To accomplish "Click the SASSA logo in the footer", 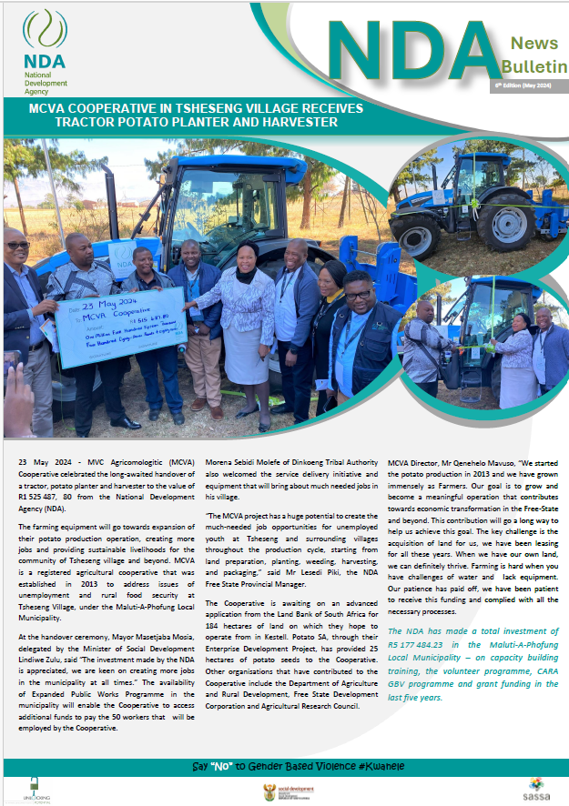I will pos(536,786).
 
